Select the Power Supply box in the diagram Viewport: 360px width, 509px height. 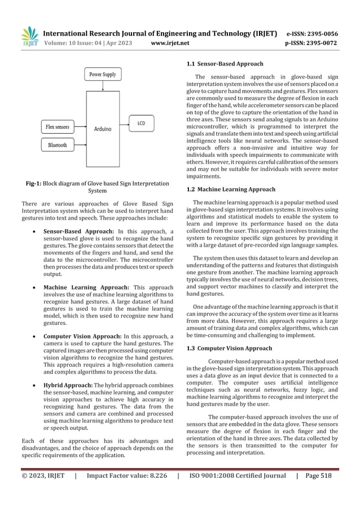[102, 74]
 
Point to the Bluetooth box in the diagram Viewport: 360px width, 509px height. [58, 145]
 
